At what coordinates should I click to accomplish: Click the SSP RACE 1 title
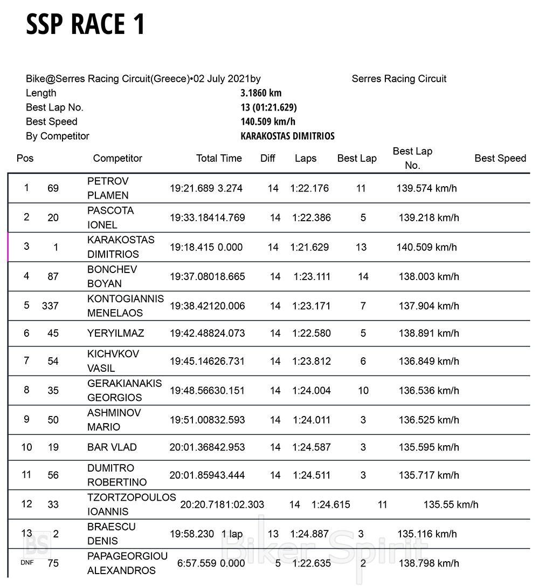[x=85, y=24]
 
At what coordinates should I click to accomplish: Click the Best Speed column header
[x=500, y=158]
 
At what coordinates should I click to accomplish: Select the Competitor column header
[x=118, y=158]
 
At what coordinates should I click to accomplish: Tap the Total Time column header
[x=219, y=158]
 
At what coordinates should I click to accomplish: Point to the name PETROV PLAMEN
[x=108, y=188]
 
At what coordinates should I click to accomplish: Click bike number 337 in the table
[x=50, y=306]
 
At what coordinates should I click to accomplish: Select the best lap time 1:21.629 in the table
[x=309, y=247]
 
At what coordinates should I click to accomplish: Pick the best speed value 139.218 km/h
[x=429, y=218]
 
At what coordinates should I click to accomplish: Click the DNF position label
[x=27, y=563]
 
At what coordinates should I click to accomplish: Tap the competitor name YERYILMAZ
[x=115, y=333]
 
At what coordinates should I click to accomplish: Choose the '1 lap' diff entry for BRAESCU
[x=232, y=534]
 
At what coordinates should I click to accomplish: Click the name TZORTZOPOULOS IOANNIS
[x=132, y=505]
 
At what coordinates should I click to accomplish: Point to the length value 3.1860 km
[x=261, y=93]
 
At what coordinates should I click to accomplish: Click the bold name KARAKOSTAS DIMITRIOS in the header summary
[x=287, y=136]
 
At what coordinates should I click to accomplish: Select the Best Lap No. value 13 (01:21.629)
[x=268, y=107]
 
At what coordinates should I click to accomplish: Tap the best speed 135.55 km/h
[x=451, y=505]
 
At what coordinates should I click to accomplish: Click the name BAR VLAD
[x=112, y=447]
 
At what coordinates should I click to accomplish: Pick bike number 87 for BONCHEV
[x=53, y=277]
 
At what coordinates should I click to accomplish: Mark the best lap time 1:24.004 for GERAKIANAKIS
[x=312, y=391]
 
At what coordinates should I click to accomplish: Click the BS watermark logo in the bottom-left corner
[x=36, y=544]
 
